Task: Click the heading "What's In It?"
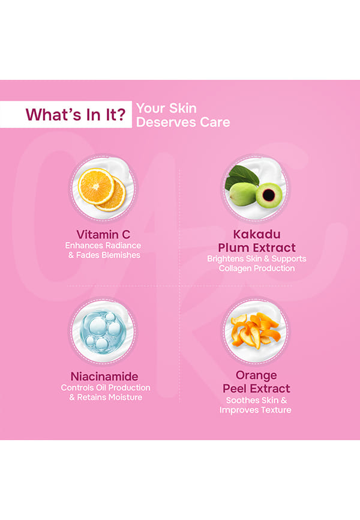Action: tap(76, 115)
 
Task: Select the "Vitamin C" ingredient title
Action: tap(103, 234)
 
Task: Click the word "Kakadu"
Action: tap(257, 234)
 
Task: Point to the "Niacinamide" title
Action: tap(104, 376)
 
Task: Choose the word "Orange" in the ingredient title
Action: tap(256, 375)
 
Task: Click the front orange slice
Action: tap(96, 186)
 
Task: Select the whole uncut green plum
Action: tap(244, 194)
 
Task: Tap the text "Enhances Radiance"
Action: tap(103, 246)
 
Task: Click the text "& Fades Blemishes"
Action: tap(104, 255)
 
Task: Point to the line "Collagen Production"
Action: tap(257, 268)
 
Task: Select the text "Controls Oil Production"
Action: tap(106, 387)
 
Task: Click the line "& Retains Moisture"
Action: tap(106, 397)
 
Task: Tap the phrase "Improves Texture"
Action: tap(255, 410)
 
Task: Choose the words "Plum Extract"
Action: tap(257, 248)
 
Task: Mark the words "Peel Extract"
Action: tap(256, 388)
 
